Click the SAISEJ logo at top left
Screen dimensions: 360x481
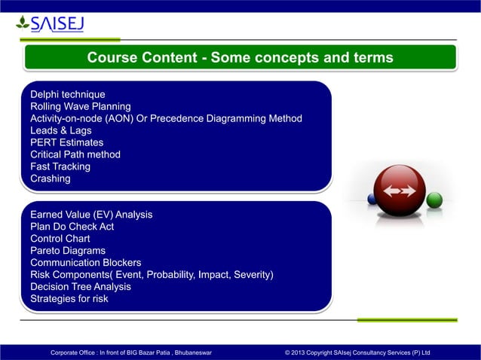coord(50,24)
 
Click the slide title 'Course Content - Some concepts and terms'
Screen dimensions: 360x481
coord(240,58)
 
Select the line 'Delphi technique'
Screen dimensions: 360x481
coord(67,94)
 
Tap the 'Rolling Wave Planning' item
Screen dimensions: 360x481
coord(80,106)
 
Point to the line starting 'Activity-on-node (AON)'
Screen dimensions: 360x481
coord(166,118)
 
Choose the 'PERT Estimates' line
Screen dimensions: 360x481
coord(66,142)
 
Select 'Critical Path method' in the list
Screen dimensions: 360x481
coord(75,154)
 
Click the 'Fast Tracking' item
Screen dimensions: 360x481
coord(60,166)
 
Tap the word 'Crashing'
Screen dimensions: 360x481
coord(50,178)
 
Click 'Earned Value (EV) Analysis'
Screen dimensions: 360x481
coord(90,215)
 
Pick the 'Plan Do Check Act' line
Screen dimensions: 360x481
coord(72,227)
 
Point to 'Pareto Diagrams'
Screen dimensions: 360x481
coord(67,251)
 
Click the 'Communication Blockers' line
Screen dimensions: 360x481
coord(86,263)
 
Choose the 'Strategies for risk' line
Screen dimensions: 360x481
coord(69,299)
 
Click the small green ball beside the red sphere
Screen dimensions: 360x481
coord(434,200)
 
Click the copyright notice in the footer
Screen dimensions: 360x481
coord(357,352)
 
